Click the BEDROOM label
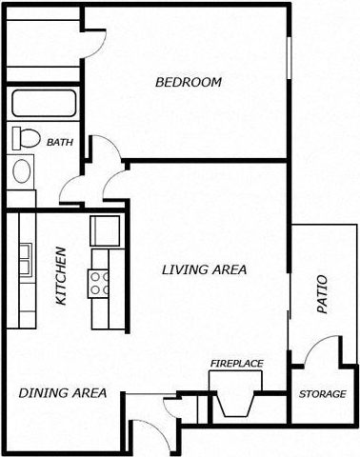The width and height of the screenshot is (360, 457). coord(189,83)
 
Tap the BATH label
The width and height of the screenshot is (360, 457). coord(59,142)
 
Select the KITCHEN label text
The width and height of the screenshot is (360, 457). coord(61,276)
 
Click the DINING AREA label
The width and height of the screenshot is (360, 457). coord(62,392)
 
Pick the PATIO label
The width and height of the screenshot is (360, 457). coord(321,295)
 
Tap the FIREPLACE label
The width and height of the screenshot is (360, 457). coord(236,364)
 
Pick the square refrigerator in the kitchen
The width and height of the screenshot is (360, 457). coord(103,230)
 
